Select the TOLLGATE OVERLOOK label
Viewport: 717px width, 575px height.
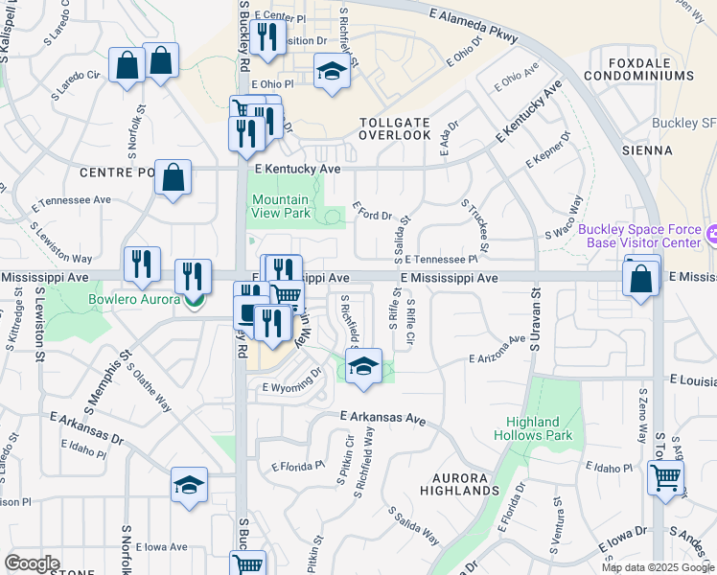395,128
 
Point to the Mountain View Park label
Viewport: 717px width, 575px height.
281,207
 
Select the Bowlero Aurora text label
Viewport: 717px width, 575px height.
134,300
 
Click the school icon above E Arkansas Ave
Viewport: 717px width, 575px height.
363,368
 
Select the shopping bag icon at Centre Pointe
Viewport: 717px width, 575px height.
173,178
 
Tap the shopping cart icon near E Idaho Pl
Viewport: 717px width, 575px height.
665,475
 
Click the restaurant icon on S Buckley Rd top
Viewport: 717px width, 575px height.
266,37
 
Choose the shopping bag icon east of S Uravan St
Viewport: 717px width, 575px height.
640,279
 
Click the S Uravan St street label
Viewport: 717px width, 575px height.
535,322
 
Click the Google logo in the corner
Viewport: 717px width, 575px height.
32,563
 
